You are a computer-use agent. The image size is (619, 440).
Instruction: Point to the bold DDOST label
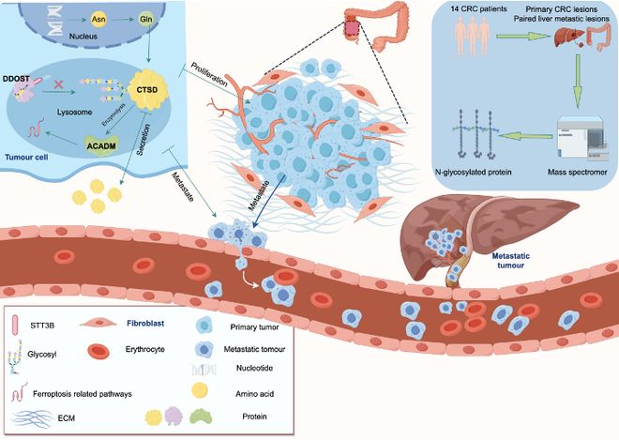(18, 79)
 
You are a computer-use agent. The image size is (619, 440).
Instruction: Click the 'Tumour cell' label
(29, 158)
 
